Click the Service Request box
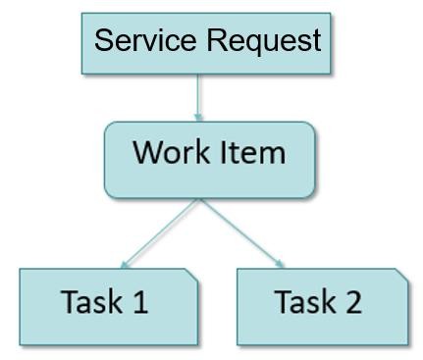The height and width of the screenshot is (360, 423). tap(206, 43)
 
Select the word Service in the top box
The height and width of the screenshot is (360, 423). tap(145, 39)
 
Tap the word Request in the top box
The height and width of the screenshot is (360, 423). tap(264, 41)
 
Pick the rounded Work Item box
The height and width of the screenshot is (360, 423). tap(210, 160)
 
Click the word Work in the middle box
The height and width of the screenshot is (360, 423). tap(171, 152)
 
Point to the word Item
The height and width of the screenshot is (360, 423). tap(252, 152)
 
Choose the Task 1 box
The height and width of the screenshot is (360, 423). tap(109, 307)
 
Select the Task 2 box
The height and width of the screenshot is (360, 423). tap(323, 307)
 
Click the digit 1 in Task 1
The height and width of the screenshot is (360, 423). tap(141, 301)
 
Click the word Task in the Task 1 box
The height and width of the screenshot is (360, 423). tap(91, 301)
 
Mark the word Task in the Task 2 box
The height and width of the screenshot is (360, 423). tap(305, 301)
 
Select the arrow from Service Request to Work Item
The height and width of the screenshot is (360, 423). tap(197, 98)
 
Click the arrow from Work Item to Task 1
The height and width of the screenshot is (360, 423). tap(159, 233)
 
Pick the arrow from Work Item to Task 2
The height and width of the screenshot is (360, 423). tap(241, 233)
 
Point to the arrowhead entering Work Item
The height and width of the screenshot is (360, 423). tap(198, 118)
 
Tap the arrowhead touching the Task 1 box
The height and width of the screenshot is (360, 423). tap(124, 265)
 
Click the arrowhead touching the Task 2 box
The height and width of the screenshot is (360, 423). tap(280, 264)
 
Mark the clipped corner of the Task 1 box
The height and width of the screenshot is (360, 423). tap(191, 275)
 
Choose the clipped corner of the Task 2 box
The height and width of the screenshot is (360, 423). tap(402, 275)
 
